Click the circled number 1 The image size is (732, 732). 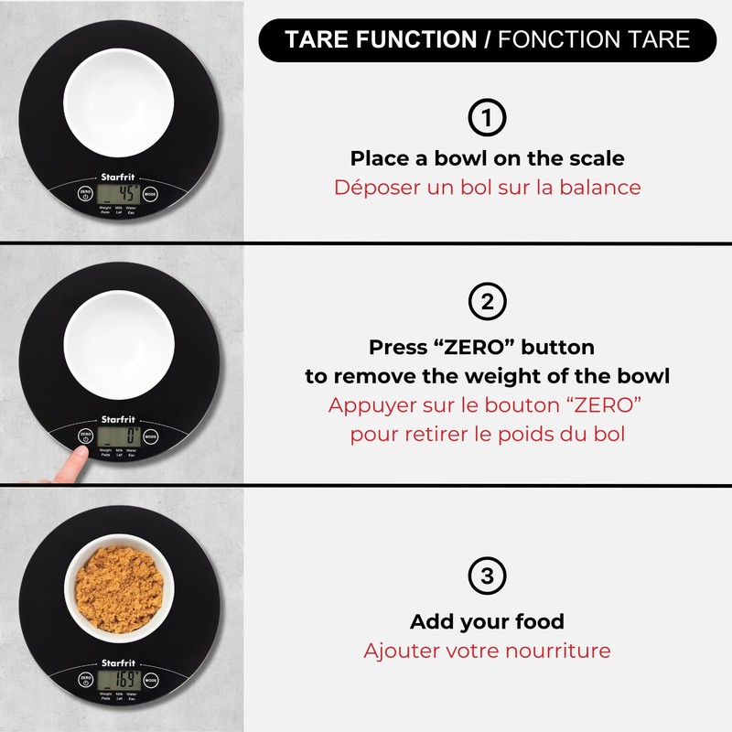(x=487, y=119)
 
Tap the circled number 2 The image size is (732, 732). (x=487, y=301)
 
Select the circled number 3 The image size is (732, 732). (x=487, y=576)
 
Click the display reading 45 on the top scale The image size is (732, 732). (x=119, y=194)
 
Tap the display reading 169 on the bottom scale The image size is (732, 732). (x=119, y=681)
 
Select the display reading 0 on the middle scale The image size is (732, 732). (x=119, y=436)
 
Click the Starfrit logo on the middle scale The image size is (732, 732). (x=116, y=421)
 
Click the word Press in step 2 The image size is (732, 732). (x=401, y=348)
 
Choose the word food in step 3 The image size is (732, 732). (x=538, y=622)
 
